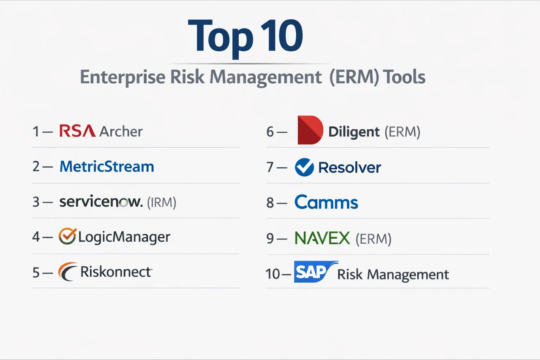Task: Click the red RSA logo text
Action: [x=77, y=131]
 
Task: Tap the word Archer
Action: [x=121, y=131]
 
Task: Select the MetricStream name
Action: [x=107, y=166]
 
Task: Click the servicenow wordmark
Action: [x=101, y=201]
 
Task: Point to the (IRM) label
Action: [x=161, y=202]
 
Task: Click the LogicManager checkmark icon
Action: [x=67, y=236]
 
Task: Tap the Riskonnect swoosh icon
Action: [x=68, y=271]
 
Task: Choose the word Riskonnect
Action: [x=116, y=272]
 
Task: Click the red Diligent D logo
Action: [x=310, y=130]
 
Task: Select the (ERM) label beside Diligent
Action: [x=402, y=131]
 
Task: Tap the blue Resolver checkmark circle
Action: [x=304, y=167]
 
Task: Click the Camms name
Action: [x=326, y=202]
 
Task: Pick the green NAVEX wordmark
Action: [x=322, y=238]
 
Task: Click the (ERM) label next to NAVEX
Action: [x=373, y=239]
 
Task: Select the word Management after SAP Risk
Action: [x=408, y=275]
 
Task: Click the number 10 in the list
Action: [x=273, y=274]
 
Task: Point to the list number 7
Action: [x=270, y=167]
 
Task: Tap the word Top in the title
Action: [x=220, y=37]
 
